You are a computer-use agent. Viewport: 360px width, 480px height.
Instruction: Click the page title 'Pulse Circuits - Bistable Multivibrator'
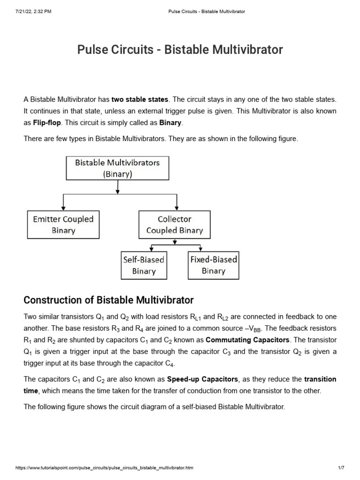(180, 49)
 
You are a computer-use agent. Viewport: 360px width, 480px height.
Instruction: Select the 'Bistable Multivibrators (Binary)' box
(118, 168)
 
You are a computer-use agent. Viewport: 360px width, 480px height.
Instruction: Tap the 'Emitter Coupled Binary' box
(63, 225)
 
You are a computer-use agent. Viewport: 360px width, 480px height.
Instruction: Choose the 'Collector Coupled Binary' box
(175, 225)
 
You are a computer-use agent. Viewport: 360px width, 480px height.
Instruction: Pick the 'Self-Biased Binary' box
(143, 265)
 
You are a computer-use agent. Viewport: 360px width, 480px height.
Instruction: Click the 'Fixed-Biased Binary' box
(213, 265)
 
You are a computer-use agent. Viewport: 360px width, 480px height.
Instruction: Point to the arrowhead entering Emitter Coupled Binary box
(63, 209)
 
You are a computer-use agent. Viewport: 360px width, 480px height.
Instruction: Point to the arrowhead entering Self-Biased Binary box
(151, 249)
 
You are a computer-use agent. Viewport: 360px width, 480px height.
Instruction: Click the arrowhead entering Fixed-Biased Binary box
(201, 249)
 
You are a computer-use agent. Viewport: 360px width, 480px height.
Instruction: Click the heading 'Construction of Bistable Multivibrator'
(108, 300)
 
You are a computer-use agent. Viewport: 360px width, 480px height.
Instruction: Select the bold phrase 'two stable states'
(140, 99)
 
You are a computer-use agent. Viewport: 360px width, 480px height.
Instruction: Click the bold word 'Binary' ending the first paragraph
(170, 123)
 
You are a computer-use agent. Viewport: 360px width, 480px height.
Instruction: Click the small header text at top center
(206, 11)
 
